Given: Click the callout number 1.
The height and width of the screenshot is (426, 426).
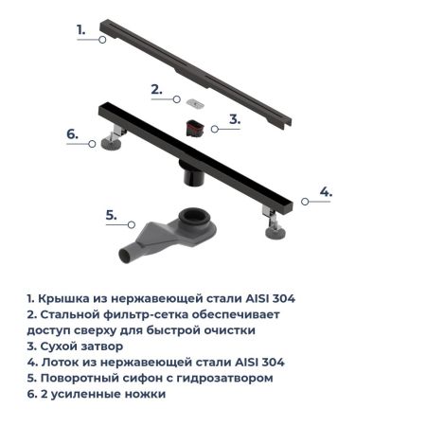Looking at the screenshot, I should point(80,29).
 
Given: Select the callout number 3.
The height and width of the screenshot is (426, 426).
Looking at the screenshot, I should point(236,121).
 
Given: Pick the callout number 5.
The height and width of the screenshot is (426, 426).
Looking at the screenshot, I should point(111,215).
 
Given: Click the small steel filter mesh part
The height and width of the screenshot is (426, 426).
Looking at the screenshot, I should point(193,100).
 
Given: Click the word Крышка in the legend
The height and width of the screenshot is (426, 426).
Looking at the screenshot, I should point(64,298).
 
